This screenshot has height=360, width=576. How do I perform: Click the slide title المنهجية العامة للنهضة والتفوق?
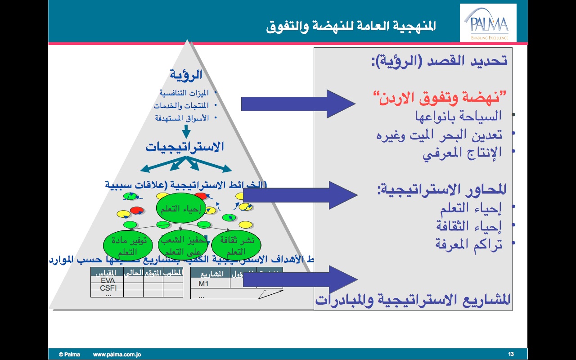[x=351, y=26]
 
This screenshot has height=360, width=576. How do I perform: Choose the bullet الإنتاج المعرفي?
[x=462, y=153]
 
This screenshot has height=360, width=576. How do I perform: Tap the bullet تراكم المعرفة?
[x=468, y=244]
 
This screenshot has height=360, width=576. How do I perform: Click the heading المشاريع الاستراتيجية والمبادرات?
[x=413, y=299]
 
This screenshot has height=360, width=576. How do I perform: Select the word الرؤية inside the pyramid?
[x=186, y=74]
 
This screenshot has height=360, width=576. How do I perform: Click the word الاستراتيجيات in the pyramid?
[x=184, y=147]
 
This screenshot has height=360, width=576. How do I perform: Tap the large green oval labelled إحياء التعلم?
[x=180, y=207]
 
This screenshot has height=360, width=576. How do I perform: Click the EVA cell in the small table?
[x=108, y=280]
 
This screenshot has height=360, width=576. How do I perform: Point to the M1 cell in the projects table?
[x=204, y=283]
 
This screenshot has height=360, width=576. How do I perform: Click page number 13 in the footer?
[x=511, y=354]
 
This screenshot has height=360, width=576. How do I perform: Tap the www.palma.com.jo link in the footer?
[x=117, y=354]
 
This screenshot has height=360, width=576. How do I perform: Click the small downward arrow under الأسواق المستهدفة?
[x=186, y=131]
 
